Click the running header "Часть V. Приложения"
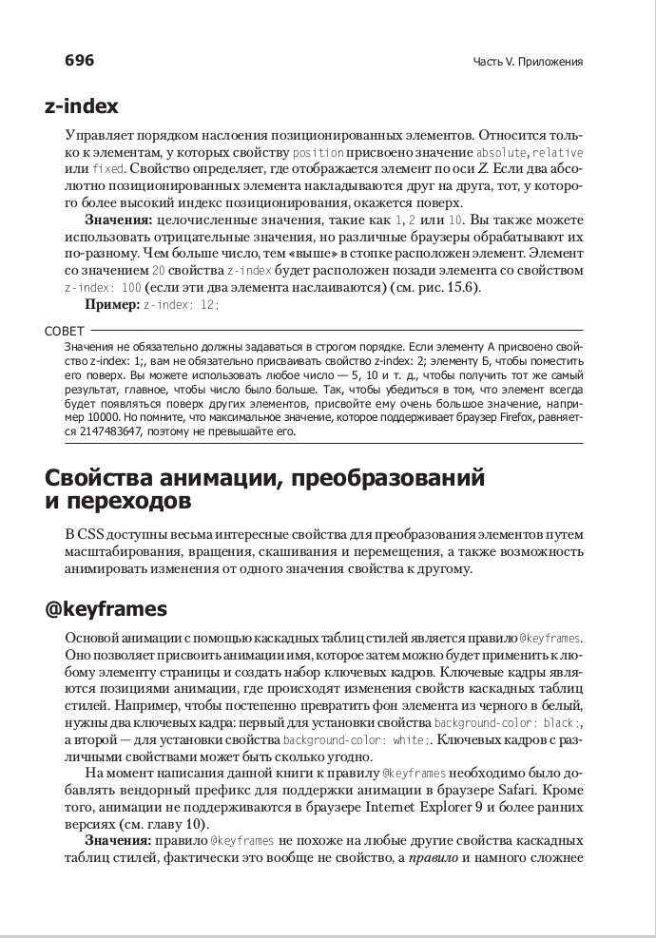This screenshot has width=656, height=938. (x=528, y=63)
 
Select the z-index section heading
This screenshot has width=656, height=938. (x=82, y=106)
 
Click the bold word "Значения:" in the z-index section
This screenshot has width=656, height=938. (x=119, y=220)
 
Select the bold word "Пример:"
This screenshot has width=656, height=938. (x=111, y=305)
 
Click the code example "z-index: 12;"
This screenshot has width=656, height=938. (x=182, y=305)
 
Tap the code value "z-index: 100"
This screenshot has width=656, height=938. (x=103, y=288)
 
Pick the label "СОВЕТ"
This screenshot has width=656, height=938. (x=64, y=332)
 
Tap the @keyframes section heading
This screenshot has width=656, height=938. (x=106, y=608)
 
